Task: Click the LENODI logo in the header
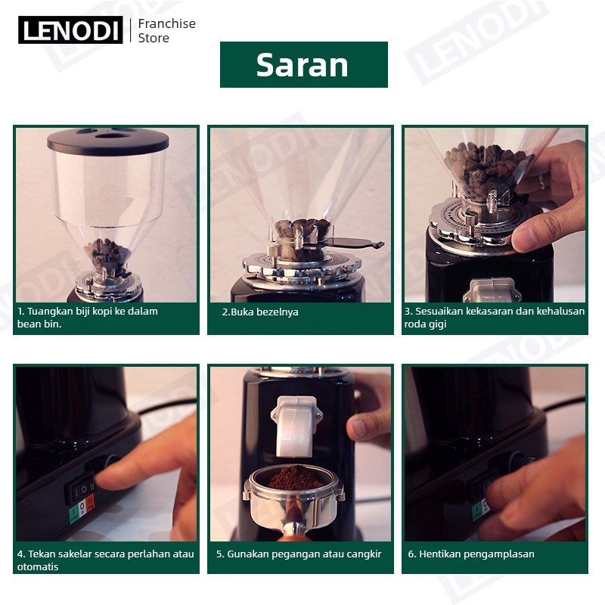pyautogui.click(x=70, y=29)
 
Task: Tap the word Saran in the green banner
pyautogui.click(x=302, y=65)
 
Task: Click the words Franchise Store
pyautogui.click(x=166, y=30)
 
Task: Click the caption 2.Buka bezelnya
pyautogui.click(x=260, y=312)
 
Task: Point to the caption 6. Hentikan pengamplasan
pyautogui.click(x=471, y=554)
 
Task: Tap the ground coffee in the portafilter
pyautogui.click(x=295, y=479)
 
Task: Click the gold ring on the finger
pyautogui.click(x=542, y=181)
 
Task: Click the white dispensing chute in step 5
pyautogui.click(x=296, y=427)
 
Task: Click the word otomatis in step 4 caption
pyautogui.click(x=38, y=566)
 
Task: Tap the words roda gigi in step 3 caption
pyautogui.click(x=425, y=324)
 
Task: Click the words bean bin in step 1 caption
pyautogui.click(x=39, y=324)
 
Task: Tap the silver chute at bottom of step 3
pyautogui.click(x=493, y=290)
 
